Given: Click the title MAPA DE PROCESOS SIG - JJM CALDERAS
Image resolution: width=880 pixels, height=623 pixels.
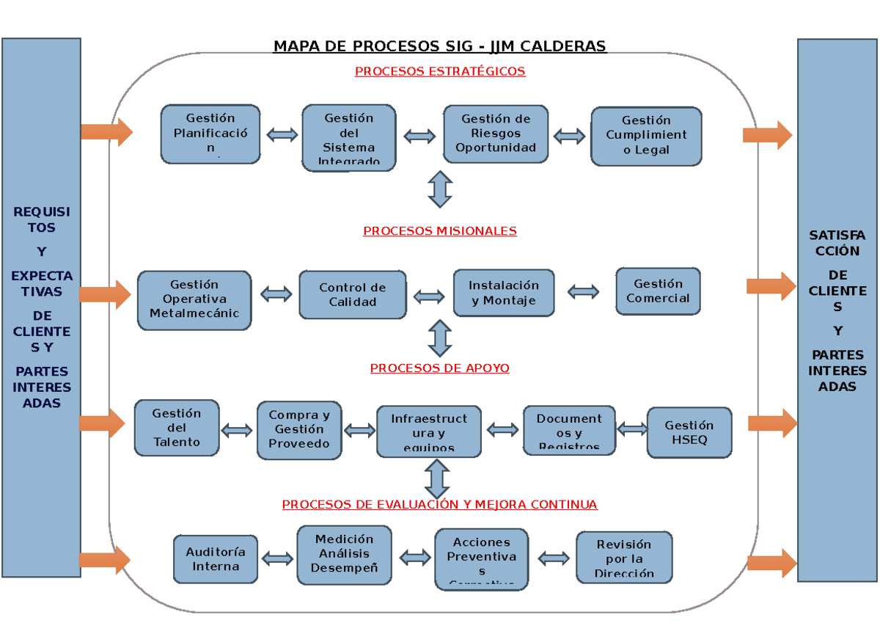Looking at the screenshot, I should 439,47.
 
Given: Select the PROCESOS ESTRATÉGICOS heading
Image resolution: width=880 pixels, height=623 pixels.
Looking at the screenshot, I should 440,71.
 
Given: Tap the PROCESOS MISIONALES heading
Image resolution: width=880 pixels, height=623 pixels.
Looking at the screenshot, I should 440,231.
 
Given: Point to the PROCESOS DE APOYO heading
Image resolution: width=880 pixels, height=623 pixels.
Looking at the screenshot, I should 439,368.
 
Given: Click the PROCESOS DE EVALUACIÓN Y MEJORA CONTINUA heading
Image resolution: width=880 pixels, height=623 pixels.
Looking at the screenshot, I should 439,505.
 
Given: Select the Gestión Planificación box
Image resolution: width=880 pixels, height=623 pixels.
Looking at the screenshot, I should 210,134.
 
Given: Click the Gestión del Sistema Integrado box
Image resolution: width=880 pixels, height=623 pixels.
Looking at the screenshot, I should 349,137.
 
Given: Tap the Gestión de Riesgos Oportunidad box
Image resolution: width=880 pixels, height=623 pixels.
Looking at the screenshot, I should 496,134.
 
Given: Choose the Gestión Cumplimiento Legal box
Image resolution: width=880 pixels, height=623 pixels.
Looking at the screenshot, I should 646,136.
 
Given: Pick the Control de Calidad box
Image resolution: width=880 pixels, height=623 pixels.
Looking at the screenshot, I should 353,295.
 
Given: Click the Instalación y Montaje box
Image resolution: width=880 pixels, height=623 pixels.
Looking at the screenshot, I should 503,293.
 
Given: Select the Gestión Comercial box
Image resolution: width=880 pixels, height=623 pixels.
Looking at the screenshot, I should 658,291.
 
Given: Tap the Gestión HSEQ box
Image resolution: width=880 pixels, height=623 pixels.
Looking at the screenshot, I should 689,433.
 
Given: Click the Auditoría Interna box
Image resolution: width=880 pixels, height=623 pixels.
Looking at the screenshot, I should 216,559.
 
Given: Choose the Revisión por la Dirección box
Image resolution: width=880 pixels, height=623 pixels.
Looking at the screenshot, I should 624,558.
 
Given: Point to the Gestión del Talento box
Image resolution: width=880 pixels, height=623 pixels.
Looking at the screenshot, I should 177,428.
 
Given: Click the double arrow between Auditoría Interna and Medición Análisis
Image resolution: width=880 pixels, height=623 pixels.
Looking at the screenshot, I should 277,559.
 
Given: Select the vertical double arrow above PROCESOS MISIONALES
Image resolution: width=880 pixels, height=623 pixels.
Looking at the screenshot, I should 440,189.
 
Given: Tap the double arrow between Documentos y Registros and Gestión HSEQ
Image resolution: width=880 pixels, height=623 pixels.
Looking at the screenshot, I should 631,429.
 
